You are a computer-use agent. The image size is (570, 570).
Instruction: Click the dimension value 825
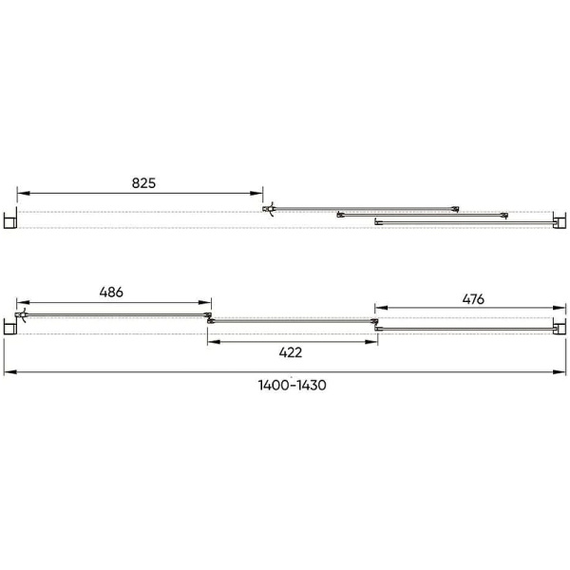(143, 182)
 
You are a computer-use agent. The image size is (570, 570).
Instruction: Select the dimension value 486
(111, 292)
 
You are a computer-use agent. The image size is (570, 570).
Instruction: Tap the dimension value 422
(291, 351)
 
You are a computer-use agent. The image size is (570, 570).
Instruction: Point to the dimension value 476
(473, 299)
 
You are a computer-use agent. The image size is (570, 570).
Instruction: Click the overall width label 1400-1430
(292, 385)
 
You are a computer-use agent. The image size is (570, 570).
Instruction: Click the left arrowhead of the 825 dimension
(23, 193)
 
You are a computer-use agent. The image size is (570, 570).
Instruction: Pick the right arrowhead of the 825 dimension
(256, 193)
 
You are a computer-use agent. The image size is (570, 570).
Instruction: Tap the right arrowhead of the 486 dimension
(205, 302)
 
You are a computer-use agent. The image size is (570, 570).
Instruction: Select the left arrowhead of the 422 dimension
(214, 342)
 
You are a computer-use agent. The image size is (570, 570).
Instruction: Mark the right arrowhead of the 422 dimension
(371, 342)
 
